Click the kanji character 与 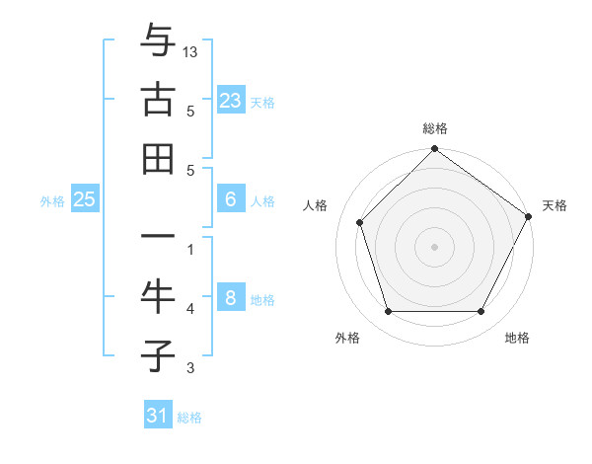pos(158,41)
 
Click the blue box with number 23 pos(230,101)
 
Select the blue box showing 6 pos(230,199)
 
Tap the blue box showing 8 pos(230,298)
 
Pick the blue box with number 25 pos(84,199)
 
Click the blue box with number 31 pos(158,416)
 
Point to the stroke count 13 pos(191,50)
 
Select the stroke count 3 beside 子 pos(190,368)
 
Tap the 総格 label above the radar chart pos(434,128)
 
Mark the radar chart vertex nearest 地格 pos(481,312)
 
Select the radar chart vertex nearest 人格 pos(360,222)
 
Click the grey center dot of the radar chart pos(434,246)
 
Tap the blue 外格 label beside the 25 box pos(52,201)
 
